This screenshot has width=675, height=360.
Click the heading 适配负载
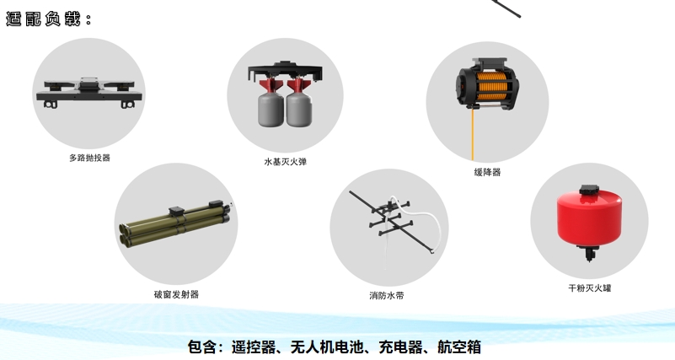47,19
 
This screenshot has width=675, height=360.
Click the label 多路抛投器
89,158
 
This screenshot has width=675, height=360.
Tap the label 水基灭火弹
285,161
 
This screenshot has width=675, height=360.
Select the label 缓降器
487,172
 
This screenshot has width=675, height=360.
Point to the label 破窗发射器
176,294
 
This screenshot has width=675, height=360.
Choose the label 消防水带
387,295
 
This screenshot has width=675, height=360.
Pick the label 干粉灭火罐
589,287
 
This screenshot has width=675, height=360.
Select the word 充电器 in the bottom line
402,347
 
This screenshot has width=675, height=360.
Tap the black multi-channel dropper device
89,90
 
